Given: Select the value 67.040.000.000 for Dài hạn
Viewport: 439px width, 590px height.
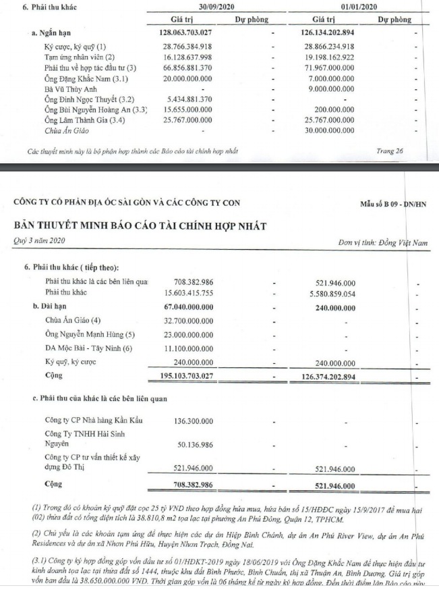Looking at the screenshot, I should [195, 306].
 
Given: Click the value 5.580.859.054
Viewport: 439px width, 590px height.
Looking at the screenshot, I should [348, 293].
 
